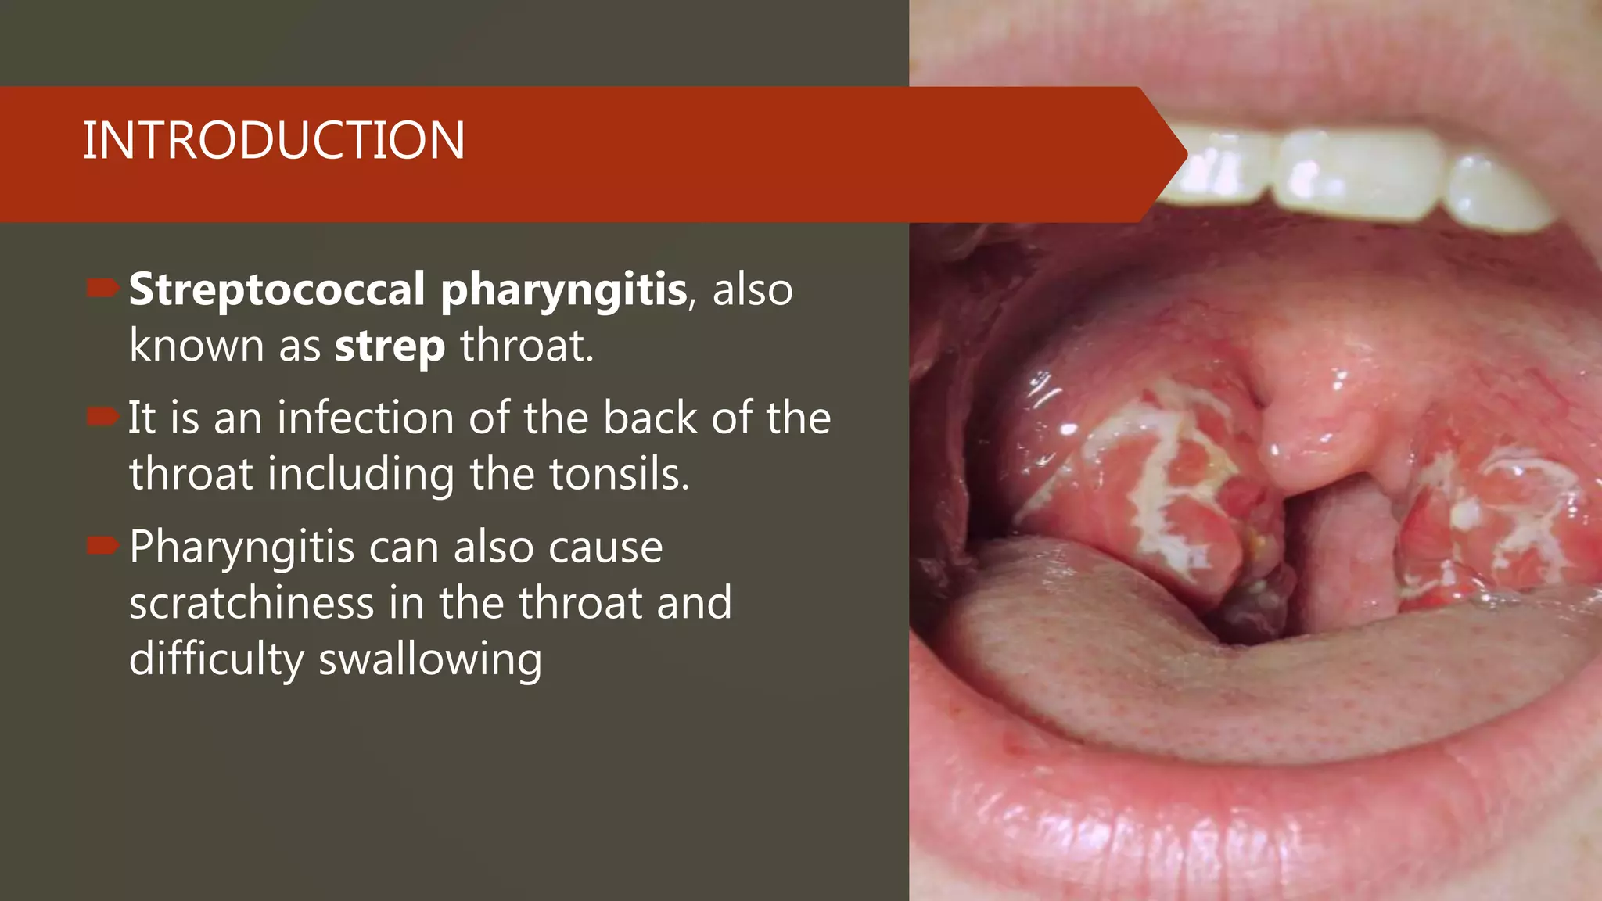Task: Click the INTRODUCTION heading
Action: pyautogui.click(x=274, y=141)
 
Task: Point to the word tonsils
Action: pyautogui.click(x=619, y=474)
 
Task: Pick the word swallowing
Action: pyautogui.click(x=430, y=660)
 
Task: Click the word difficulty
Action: pyautogui.click(x=217, y=660)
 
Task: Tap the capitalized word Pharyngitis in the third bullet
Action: pyautogui.click(x=242, y=547)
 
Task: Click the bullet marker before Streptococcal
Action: pyautogui.click(x=102, y=289)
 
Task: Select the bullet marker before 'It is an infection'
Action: pyautogui.click(x=102, y=417)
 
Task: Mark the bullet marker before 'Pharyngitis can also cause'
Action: pyautogui.click(x=102, y=545)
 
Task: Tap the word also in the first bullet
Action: pyautogui.click(x=752, y=290)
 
